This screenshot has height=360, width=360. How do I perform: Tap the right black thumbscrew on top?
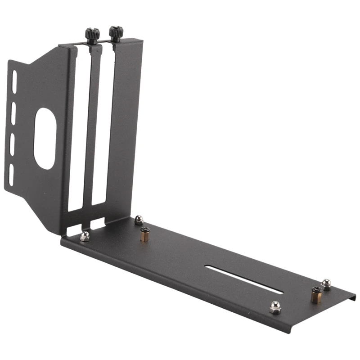(116, 33)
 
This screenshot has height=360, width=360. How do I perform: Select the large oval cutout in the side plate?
(45, 138)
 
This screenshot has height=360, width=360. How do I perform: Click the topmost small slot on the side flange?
(14, 82)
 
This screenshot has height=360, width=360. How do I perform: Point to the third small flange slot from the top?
(12, 142)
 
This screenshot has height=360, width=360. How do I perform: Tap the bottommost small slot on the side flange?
(11, 174)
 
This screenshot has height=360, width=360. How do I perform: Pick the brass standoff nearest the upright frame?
(144, 234)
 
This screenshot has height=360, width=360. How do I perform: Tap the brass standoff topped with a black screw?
(316, 294)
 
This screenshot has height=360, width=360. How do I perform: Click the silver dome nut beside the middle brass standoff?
(139, 220)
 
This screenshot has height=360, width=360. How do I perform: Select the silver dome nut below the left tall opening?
(85, 236)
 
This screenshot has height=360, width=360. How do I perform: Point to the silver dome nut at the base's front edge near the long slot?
(275, 307)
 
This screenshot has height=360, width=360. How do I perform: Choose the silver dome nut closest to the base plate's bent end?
(326, 284)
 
